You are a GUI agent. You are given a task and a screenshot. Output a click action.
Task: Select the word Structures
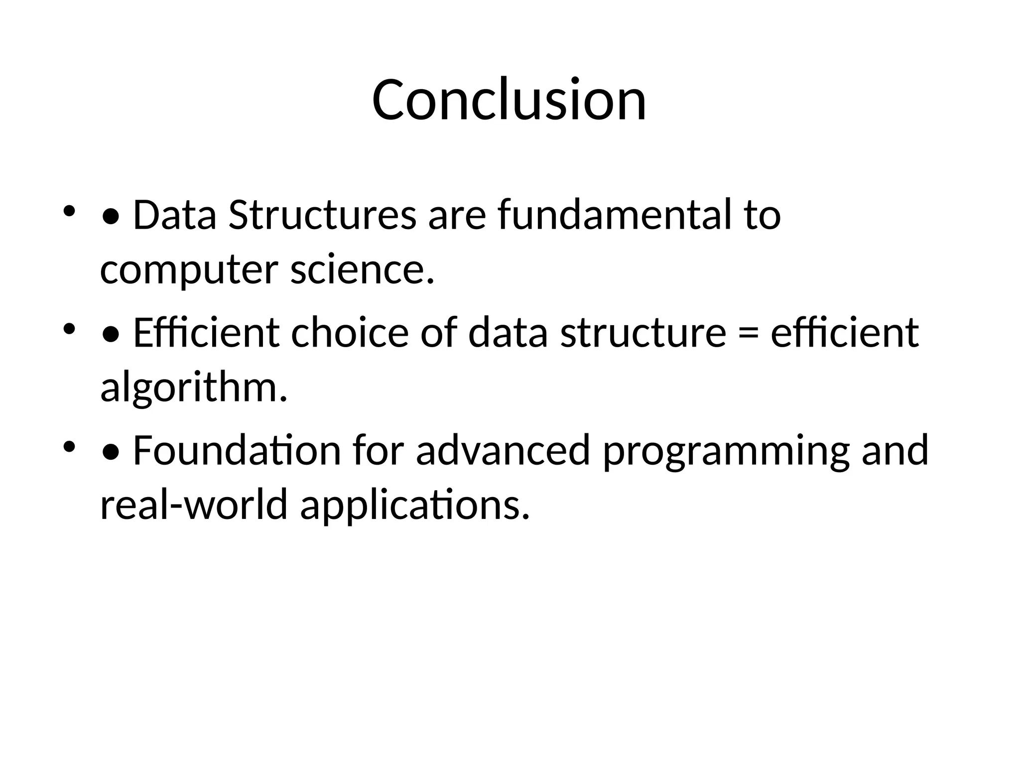[322, 215]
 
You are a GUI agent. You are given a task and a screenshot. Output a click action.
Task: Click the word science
[362, 270]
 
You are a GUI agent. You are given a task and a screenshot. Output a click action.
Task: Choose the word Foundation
[237, 450]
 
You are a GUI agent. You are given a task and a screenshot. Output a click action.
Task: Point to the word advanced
[503, 450]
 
